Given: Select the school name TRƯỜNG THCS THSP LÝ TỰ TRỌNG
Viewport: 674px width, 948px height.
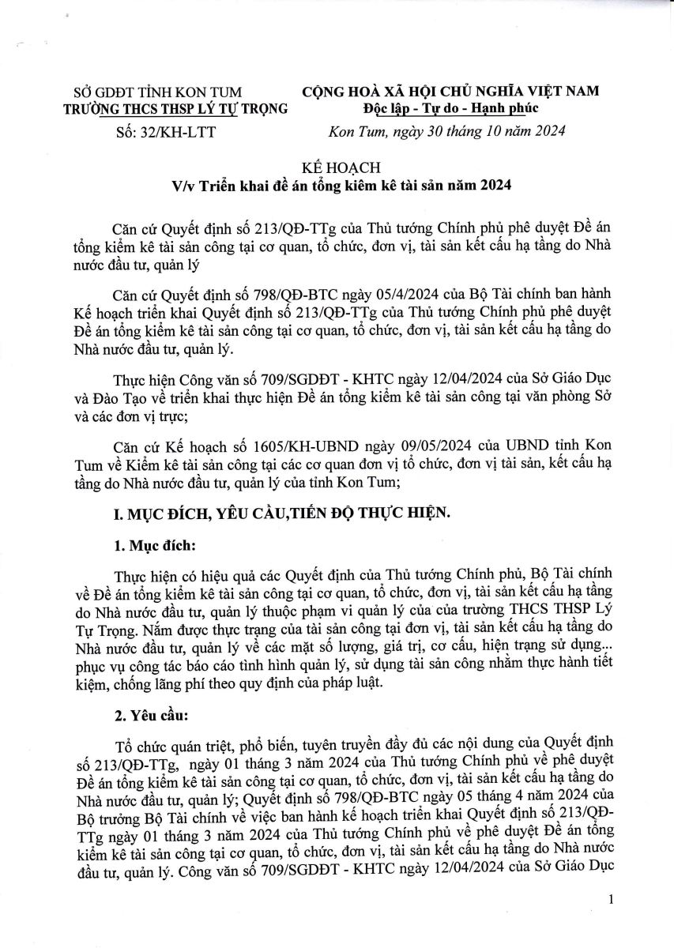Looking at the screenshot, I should (175, 109).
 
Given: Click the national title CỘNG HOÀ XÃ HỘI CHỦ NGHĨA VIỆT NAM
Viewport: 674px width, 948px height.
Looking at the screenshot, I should (451, 92).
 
